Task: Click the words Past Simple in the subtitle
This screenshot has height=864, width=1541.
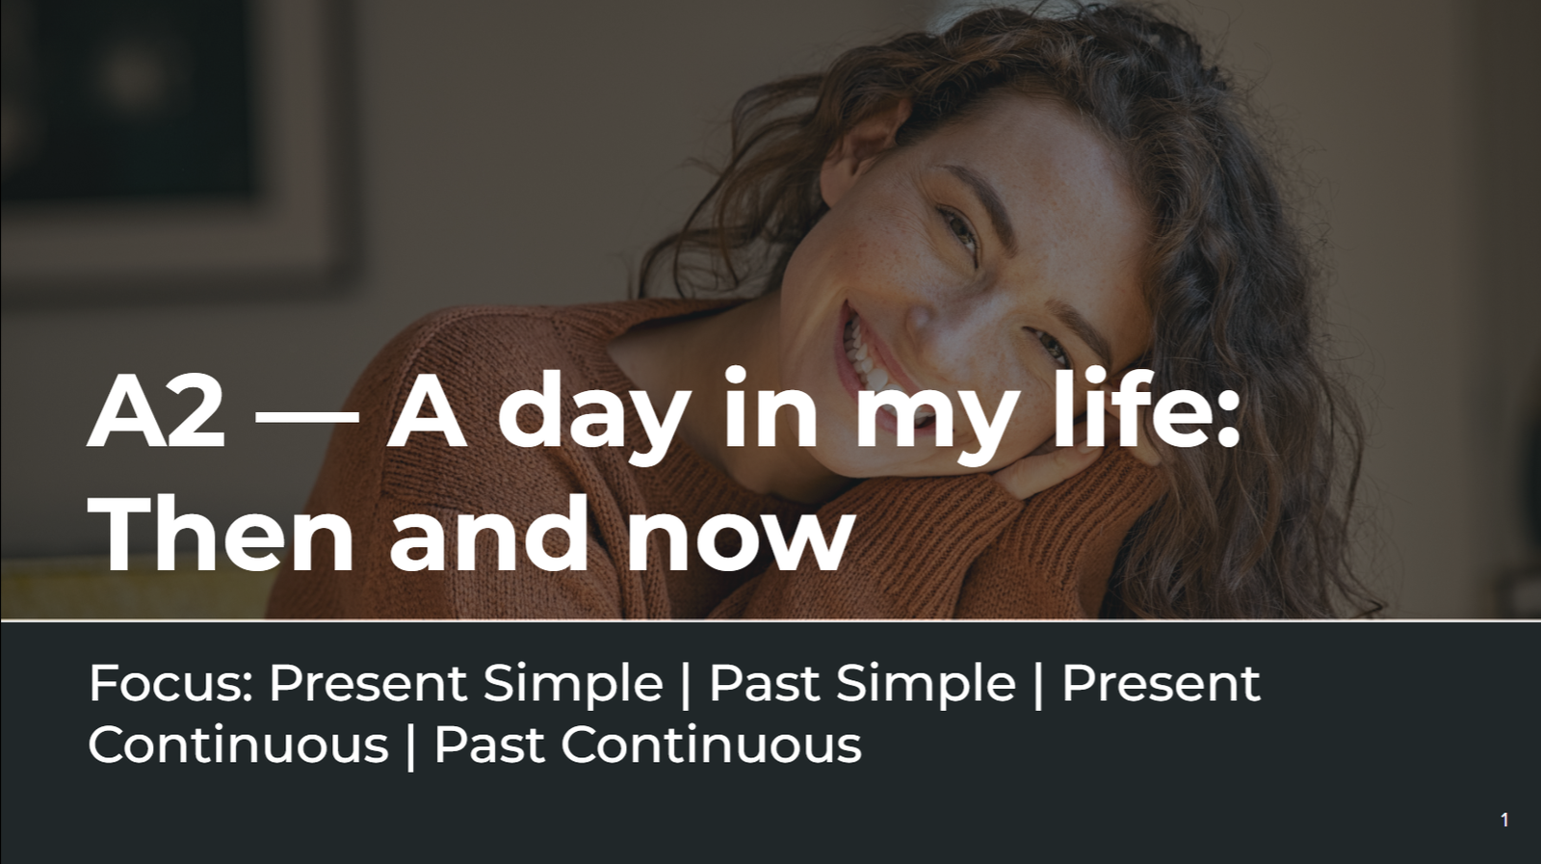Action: (862, 685)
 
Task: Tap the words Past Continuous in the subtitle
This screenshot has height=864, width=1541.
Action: (647, 745)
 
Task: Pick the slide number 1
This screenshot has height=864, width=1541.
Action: (1504, 820)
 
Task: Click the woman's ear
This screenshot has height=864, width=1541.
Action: (856, 158)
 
